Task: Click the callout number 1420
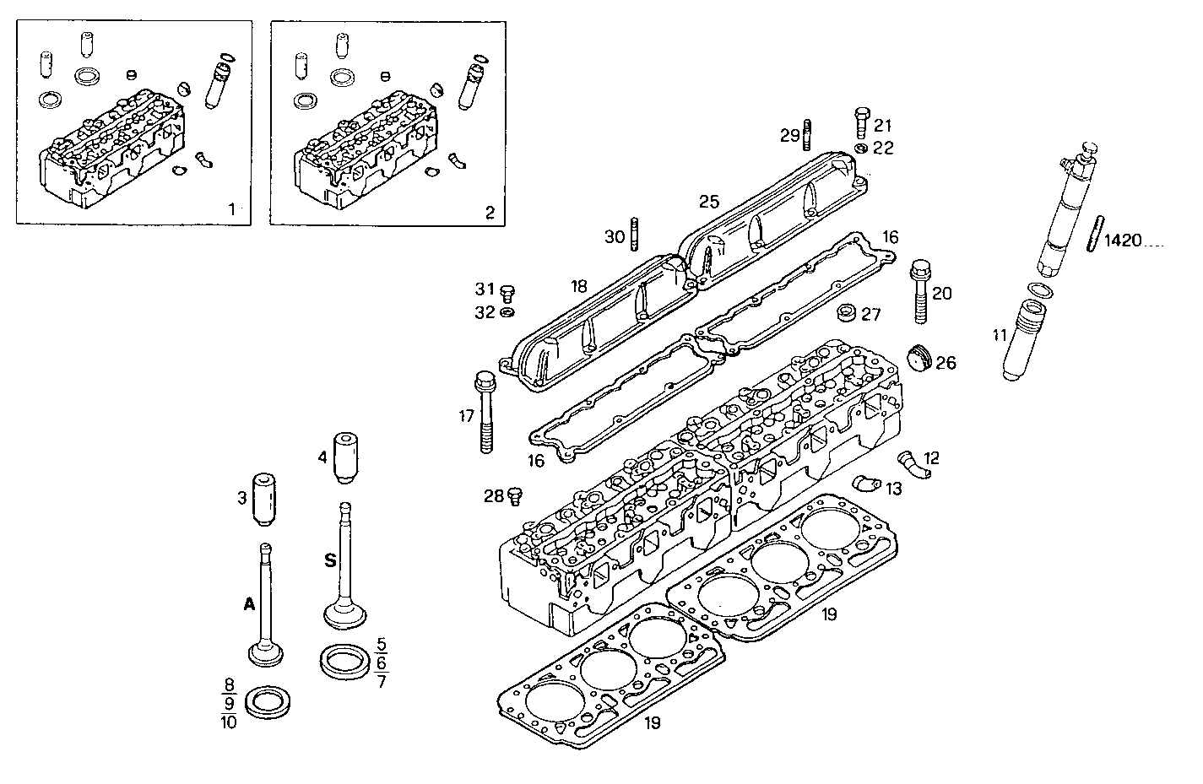point(1122,241)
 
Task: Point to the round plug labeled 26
point(920,358)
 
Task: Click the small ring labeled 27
point(845,314)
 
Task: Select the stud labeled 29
point(809,134)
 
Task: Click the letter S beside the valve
point(330,560)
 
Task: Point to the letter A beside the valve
point(248,603)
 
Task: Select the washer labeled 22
point(860,149)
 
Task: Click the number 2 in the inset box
point(490,212)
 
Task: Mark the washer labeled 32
point(507,313)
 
